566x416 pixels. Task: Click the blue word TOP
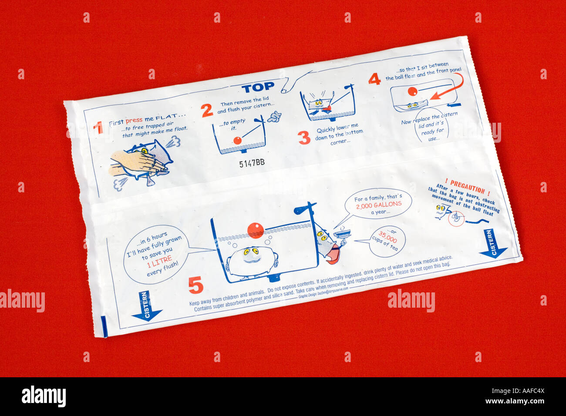click(x=258, y=88)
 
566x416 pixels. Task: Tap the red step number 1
click(x=98, y=127)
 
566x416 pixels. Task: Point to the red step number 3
click(x=304, y=138)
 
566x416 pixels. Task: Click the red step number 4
click(x=374, y=79)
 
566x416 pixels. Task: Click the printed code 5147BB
click(x=252, y=163)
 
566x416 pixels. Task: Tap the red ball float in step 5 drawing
click(x=255, y=230)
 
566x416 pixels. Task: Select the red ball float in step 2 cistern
click(x=237, y=140)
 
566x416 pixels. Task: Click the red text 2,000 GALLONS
click(x=378, y=205)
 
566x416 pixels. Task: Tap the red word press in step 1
click(x=134, y=121)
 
